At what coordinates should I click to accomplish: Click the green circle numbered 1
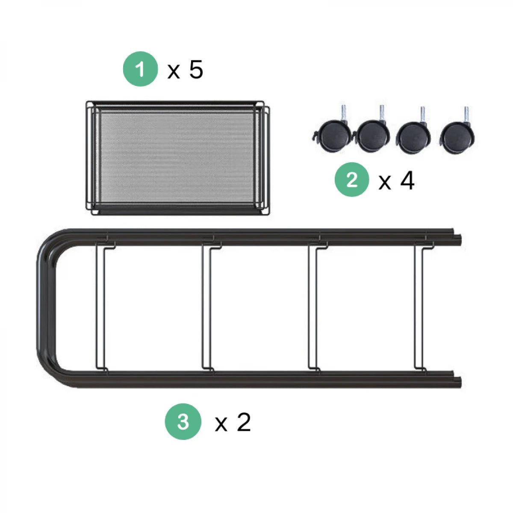tap(140, 69)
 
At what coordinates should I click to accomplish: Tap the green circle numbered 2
tap(352, 180)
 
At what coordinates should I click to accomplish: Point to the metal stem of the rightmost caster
tap(466, 115)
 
